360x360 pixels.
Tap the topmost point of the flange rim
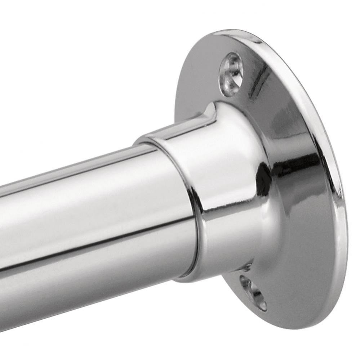[231, 30]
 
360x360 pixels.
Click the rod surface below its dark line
[90, 274]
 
